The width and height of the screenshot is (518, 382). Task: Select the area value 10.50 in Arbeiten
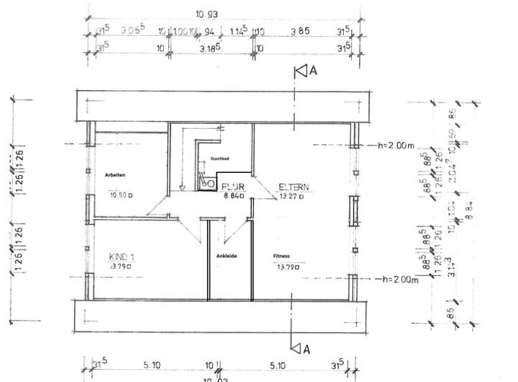[x=118, y=195]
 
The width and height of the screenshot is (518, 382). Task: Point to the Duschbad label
[x=219, y=159]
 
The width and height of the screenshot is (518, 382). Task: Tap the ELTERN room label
[x=294, y=187]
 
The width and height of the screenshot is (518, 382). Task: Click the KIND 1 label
[x=123, y=256]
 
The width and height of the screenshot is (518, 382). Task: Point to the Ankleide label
[x=227, y=256]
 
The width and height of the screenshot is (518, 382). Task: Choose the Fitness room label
[x=281, y=256]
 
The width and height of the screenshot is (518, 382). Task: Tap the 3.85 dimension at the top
[x=299, y=32]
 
